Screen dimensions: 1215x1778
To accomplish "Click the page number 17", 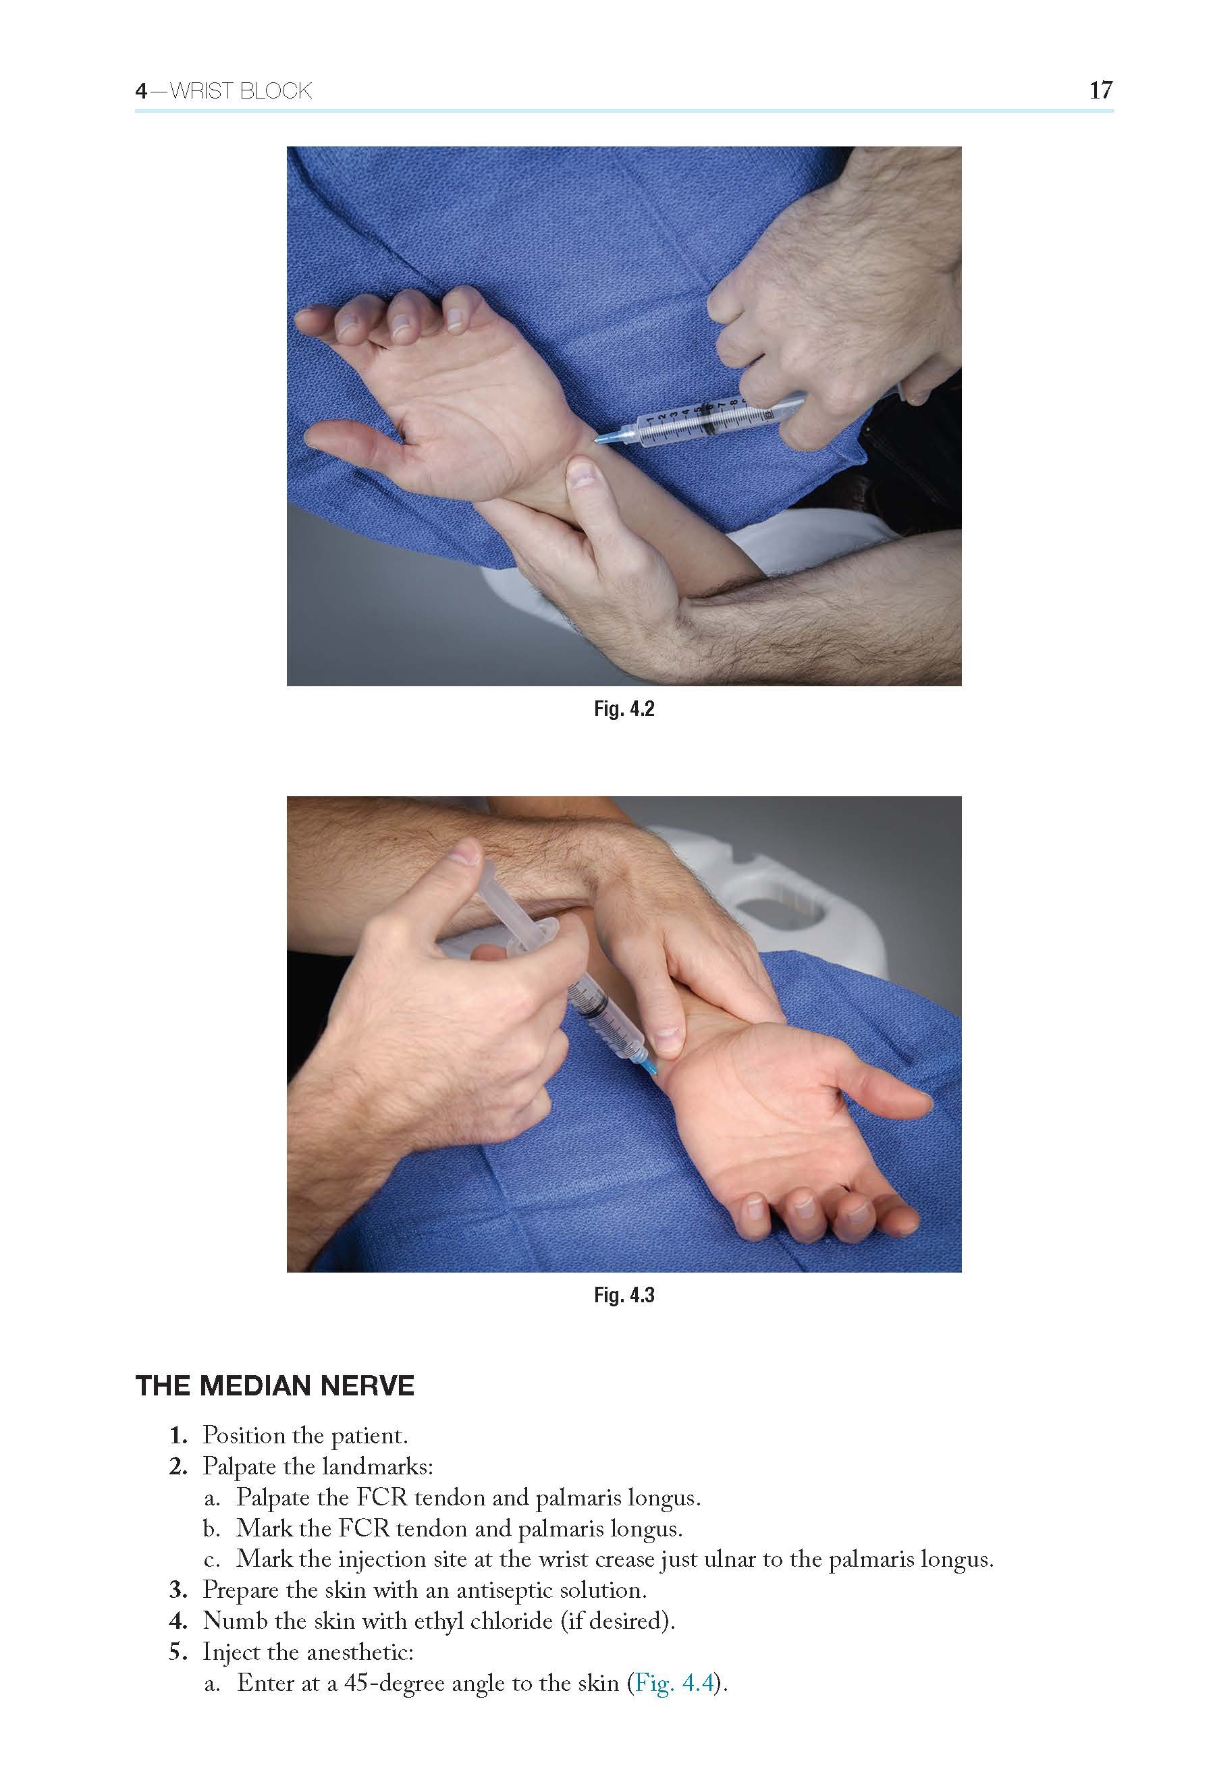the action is coord(1100,90).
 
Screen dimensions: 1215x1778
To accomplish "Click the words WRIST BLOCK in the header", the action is coord(240,91).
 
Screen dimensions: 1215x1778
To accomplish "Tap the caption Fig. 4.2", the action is coord(624,709).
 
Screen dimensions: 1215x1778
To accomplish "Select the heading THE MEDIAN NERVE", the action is coord(275,1385).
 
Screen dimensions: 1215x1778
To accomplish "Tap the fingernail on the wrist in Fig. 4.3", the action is coord(670,1038).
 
